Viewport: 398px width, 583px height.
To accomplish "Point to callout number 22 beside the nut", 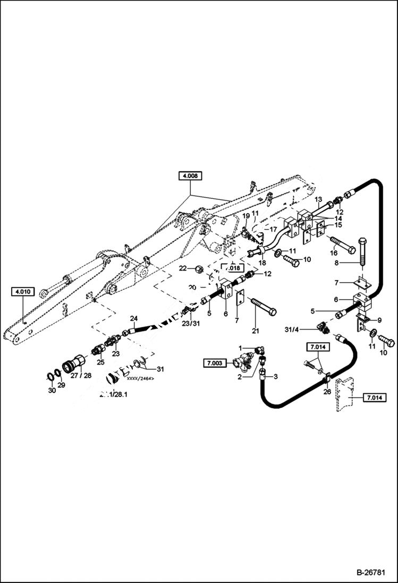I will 182,269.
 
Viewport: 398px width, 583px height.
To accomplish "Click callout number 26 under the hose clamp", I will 327,392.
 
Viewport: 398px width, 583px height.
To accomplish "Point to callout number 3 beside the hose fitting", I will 276,376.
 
